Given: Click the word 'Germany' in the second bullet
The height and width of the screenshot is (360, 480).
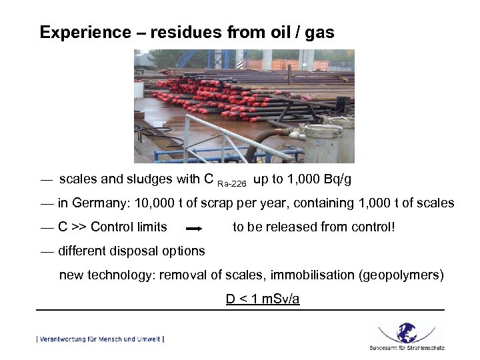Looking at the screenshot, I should pos(99,203).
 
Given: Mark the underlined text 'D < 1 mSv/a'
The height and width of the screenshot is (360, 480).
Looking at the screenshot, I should pos(263,299).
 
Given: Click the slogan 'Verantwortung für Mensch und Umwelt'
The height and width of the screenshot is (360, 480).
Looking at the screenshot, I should pos(100,339).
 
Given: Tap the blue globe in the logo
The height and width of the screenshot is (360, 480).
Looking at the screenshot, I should pos(407,331).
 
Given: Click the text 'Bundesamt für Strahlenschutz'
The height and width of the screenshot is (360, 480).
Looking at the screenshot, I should pos(407,347).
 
